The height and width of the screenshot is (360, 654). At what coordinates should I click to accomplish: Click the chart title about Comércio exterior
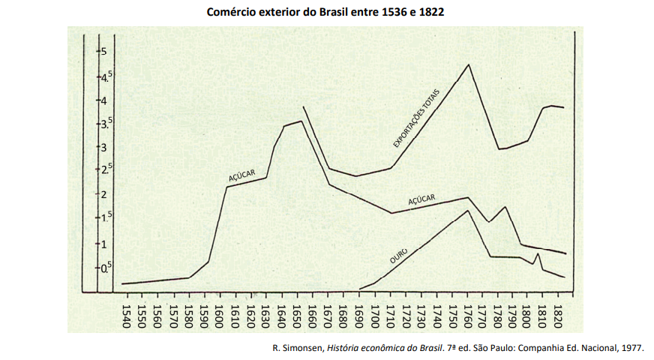[x=327, y=13]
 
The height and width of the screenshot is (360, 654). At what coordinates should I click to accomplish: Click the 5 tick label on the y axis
[x=103, y=51]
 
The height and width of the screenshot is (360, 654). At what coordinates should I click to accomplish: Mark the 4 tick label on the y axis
[x=103, y=100]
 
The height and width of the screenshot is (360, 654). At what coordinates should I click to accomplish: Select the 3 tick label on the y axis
[x=103, y=147]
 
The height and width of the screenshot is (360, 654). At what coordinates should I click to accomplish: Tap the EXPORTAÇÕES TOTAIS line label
[x=421, y=115]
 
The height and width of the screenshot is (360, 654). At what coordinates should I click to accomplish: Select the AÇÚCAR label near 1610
[x=242, y=175]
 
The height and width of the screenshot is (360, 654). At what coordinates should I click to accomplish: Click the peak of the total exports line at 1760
[x=469, y=64]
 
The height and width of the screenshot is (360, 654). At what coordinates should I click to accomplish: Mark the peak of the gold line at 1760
[x=468, y=210]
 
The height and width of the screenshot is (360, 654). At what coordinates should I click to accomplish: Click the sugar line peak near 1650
[x=301, y=121]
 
